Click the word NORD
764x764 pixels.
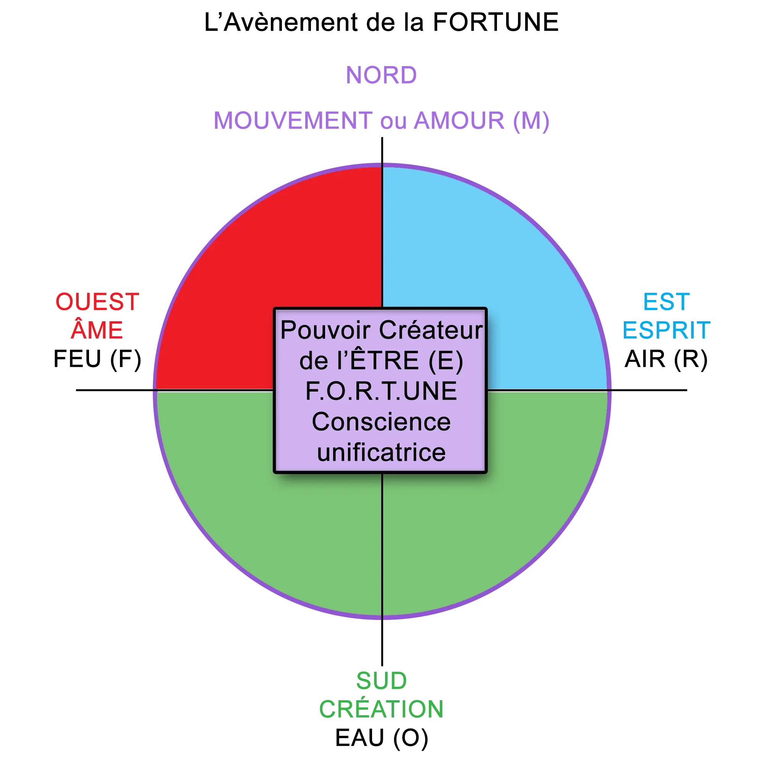pos(381,75)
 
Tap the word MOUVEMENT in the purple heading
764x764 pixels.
pos(293,121)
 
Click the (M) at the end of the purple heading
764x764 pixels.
pos(532,122)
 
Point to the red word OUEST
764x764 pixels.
pos(97,301)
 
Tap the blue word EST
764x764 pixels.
pos(666,301)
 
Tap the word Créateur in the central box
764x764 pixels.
pos(431,330)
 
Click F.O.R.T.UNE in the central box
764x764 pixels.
pos(381,391)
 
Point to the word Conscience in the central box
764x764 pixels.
pos(381,422)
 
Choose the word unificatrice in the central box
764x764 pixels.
pos(381,452)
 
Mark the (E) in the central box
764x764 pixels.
pos(445,361)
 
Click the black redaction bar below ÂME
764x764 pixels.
pos(96,359)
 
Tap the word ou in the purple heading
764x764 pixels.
pos(393,122)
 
